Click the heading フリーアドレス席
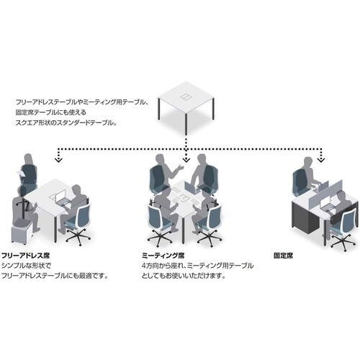(x=26, y=256)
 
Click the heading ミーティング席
(x=163, y=256)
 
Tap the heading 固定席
(x=283, y=256)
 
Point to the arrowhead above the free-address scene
(x=58, y=160)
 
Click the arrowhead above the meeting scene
(x=186, y=160)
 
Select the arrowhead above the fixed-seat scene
(x=321, y=160)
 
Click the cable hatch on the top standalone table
(x=185, y=96)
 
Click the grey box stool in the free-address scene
(x=21, y=232)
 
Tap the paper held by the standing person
(x=20, y=174)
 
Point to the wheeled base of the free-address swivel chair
(x=78, y=235)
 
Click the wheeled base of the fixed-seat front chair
(x=343, y=243)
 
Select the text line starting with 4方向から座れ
(x=197, y=266)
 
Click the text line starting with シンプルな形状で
(x=27, y=266)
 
